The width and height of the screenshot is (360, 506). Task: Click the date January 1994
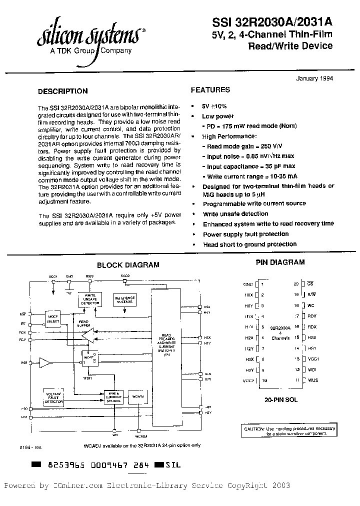(314, 78)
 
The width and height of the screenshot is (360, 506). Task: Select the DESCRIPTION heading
(63, 91)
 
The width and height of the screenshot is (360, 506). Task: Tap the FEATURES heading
(210, 90)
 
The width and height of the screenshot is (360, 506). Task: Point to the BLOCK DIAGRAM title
(128, 265)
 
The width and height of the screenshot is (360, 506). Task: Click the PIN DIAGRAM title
(280, 262)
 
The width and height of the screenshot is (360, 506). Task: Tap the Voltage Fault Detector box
(53, 398)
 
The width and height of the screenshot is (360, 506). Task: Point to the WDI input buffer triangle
(45, 361)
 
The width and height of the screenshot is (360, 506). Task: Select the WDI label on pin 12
(312, 369)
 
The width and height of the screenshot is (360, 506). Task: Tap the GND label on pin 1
(248, 284)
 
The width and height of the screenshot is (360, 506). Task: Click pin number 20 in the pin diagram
(296, 284)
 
